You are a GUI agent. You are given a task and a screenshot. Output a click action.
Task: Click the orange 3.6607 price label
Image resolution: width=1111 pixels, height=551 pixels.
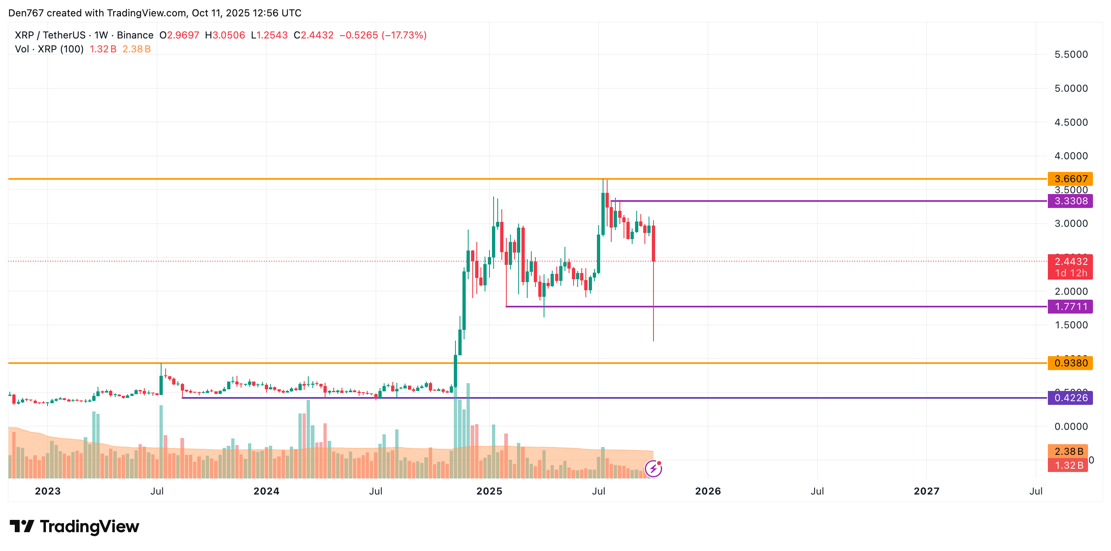[1070, 179]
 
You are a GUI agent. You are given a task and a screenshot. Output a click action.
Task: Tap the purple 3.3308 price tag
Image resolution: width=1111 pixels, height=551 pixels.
[1070, 201]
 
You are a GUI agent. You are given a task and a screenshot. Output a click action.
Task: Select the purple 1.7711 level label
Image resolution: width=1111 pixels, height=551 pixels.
[1070, 307]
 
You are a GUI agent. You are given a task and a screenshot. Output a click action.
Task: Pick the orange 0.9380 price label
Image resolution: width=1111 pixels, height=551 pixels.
[1070, 363]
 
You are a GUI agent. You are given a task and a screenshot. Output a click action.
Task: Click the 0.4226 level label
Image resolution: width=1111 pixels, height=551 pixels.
[1070, 398]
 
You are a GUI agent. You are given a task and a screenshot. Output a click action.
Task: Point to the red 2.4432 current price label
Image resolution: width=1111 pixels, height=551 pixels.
[1070, 262]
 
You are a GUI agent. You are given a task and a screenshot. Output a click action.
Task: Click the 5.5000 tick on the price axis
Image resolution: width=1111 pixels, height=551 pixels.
[1071, 55]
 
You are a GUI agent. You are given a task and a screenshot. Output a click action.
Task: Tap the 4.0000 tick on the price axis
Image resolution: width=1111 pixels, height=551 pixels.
[1071, 156]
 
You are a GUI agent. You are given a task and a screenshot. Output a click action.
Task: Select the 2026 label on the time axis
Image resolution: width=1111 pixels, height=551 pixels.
[708, 491]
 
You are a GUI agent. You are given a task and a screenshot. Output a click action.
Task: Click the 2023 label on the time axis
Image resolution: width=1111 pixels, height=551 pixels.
[48, 491]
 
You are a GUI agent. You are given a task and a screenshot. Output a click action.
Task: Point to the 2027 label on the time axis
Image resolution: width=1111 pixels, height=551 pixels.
[927, 491]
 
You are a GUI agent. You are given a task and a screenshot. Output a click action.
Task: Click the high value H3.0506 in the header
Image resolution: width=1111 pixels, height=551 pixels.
[225, 35]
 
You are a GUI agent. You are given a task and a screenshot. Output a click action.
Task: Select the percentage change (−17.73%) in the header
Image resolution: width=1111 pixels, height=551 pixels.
[404, 35]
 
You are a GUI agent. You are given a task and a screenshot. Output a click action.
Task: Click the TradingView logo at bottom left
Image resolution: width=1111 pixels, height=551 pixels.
[75, 526]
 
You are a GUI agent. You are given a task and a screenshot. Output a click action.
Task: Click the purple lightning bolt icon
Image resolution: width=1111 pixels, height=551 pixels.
[653, 468]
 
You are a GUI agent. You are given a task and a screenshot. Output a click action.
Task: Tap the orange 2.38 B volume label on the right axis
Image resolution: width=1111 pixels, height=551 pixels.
[1068, 452]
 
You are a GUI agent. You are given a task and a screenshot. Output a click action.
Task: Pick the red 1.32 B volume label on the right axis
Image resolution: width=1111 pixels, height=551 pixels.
[1068, 466]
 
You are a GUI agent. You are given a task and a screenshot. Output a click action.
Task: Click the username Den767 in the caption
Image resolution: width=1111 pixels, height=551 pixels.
[26, 13]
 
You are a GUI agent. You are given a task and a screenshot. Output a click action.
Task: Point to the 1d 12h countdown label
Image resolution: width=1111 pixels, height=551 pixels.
[1070, 273]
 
